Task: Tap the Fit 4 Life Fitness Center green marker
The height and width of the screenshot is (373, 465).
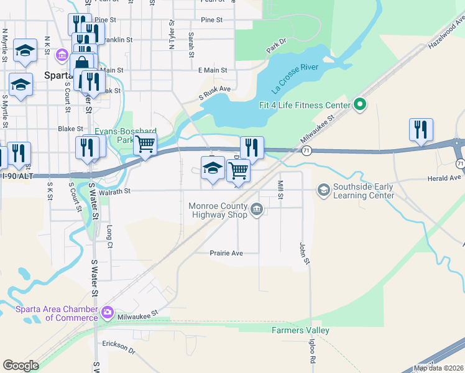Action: click(359, 105)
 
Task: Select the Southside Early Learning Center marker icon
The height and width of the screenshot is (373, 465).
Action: click(323, 189)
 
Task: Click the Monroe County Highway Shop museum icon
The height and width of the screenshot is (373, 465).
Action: click(257, 211)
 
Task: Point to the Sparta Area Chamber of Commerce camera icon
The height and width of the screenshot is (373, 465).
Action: click(108, 311)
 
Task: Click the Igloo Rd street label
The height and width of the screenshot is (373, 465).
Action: click(311, 351)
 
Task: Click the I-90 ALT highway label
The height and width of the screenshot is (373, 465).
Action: click(16, 177)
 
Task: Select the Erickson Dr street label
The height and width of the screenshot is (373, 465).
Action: click(119, 348)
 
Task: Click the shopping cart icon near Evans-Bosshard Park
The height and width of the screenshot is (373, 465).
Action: click(145, 145)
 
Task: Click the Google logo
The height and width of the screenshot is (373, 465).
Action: click(21, 366)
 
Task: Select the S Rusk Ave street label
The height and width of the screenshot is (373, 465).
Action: click(214, 93)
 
